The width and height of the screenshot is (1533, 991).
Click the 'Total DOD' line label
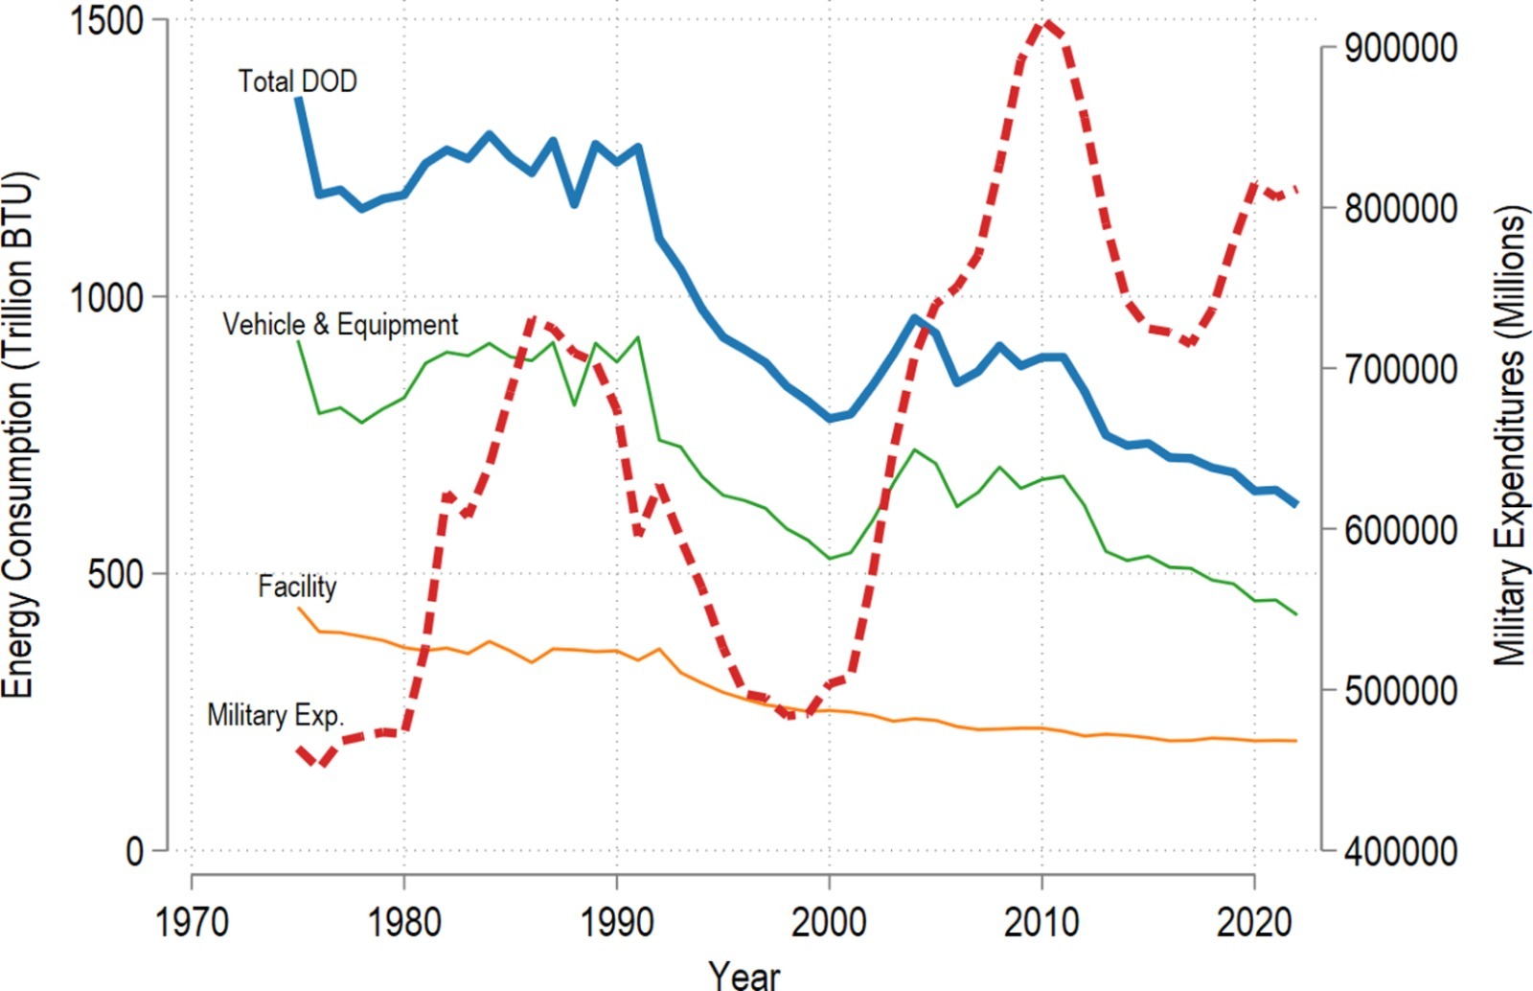tap(297, 81)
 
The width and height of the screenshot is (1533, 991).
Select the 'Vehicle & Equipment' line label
tap(340, 325)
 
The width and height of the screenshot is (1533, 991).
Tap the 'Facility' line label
tap(297, 587)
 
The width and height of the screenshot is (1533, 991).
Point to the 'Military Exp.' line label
tap(275, 715)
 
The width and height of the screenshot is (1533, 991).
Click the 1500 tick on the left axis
tap(106, 21)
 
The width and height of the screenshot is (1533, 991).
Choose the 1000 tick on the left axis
tap(106, 298)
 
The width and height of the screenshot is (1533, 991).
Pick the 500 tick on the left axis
tap(115, 575)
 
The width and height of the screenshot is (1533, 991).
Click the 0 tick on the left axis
tap(134, 851)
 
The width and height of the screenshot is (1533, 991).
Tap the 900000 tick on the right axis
tap(1400, 48)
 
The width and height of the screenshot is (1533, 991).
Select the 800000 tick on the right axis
tap(1400, 208)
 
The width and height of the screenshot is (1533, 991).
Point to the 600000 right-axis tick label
tap(1400, 530)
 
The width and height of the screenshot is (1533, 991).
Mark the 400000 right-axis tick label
tap(1400, 851)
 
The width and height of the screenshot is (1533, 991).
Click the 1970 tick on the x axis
tap(192, 922)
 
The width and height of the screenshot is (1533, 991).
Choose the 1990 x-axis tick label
tap(616, 922)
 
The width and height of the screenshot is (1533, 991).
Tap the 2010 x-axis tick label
tap(1041, 922)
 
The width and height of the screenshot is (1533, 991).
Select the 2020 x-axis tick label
tap(1254, 922)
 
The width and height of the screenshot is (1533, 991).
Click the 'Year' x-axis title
tap(744, 975)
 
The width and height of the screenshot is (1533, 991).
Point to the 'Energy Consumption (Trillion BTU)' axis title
tap(17, 435)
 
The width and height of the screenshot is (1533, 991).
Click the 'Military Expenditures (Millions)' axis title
tap(1510, 435)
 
